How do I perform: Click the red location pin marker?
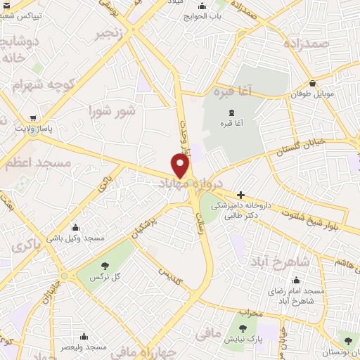pyautogui.click(x=181, y=165)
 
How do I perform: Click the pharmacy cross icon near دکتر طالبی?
pyautogui.click(x=240, y=195)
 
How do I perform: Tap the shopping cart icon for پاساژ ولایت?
pyautogui.click(x=33, y=119)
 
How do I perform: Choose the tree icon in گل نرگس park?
pyautogui.click(x=105, y=265)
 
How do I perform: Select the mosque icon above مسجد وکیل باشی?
pyautogui.click(x=75, y=227)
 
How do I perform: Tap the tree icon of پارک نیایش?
pyautogui.click(x=243, y=328)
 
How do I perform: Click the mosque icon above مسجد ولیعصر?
pyautogui.click(x=84, y=336)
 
